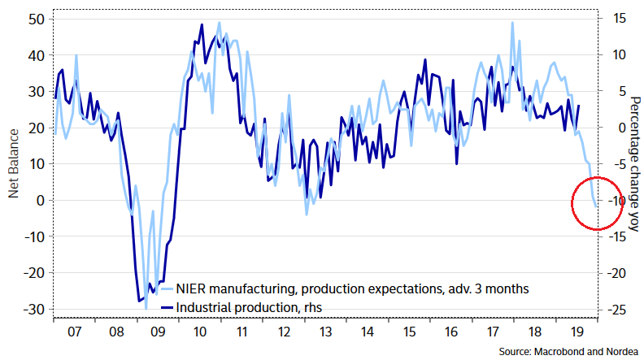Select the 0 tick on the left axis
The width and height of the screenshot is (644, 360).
pyautogui.click(x=38, y=200)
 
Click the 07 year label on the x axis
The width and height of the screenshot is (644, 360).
pyautogui.click(x=73, y=332)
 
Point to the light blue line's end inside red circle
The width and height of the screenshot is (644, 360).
pyautogui.click(x=596, y=206)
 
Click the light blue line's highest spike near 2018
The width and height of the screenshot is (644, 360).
pyautogui.click(x=512, y=23)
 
